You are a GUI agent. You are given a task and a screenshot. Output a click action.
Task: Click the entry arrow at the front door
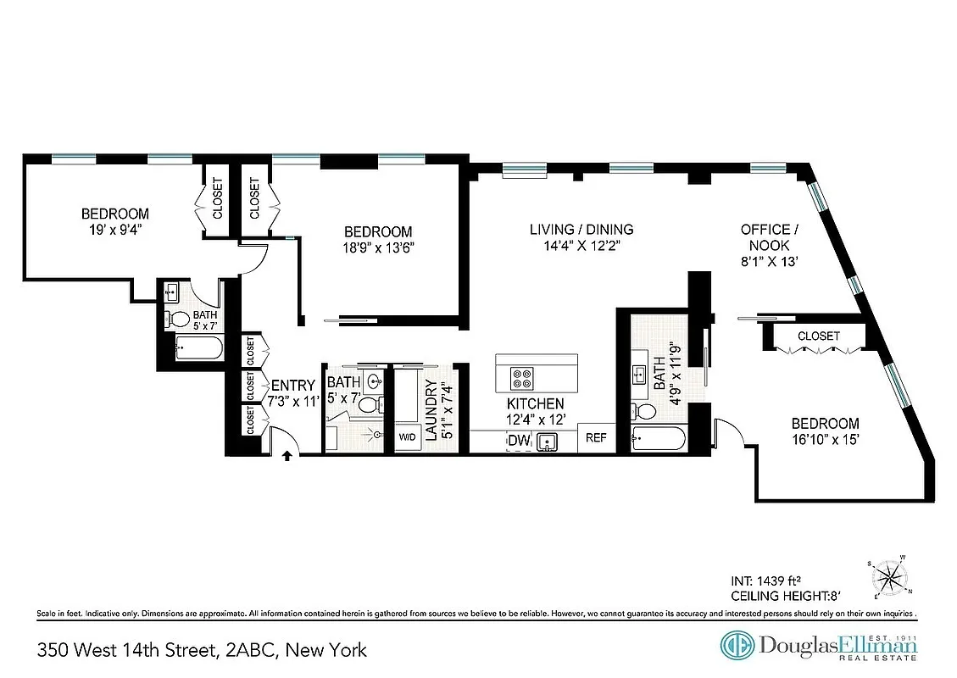pos(287,455)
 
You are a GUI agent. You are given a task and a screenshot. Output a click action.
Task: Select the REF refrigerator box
pos(596,439)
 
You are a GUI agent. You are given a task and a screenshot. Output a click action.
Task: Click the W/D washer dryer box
pos(409,438)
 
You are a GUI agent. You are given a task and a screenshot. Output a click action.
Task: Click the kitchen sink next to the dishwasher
pos(547,442)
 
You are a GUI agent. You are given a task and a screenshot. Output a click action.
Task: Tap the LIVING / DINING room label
pos(581,230)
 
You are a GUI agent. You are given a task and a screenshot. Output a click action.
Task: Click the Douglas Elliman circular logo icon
pos(737,646)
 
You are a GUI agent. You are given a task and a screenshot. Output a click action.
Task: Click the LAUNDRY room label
pos(431,410)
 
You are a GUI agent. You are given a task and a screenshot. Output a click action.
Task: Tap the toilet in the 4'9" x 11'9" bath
pos(645,412)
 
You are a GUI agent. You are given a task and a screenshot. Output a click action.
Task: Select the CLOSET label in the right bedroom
pos(819,336)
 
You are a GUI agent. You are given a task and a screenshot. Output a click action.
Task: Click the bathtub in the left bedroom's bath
pos(198,347)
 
